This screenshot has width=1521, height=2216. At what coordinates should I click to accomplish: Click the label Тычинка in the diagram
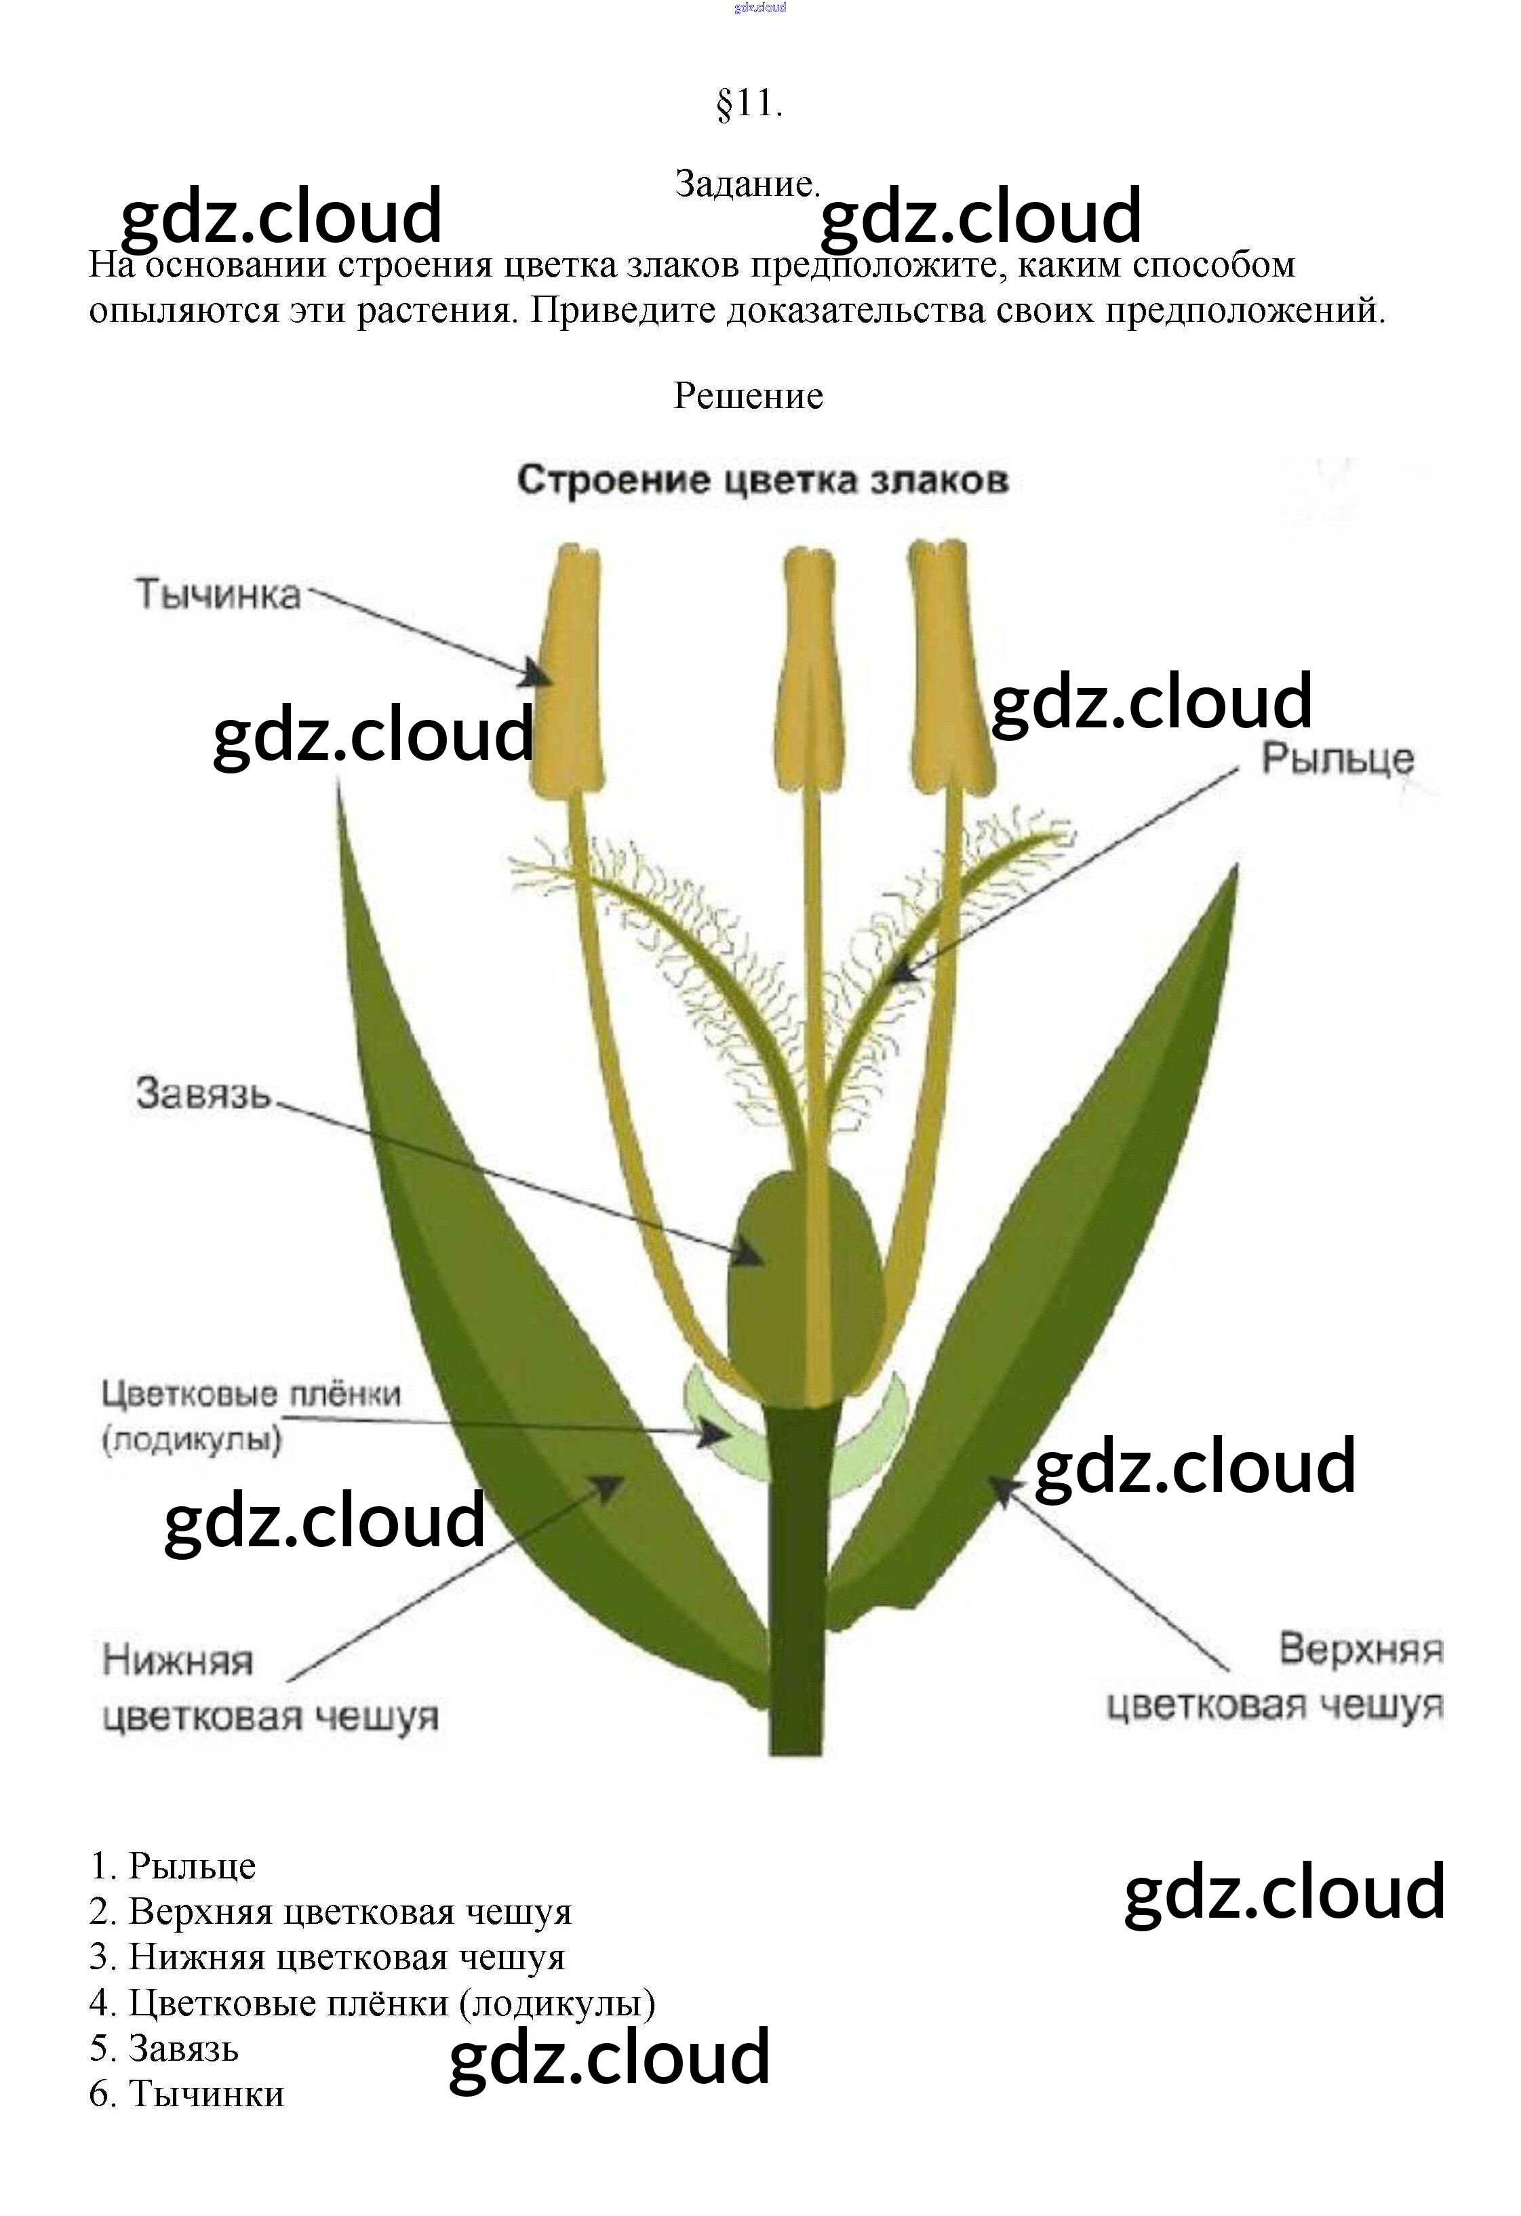tap(218, 594)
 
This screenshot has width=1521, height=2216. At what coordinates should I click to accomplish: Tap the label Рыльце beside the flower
tap(1337, 759)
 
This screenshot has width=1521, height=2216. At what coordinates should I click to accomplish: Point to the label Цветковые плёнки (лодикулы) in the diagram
tap(251, 1416)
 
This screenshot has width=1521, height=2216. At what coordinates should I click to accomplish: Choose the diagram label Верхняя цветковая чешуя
tap(1276, 1676)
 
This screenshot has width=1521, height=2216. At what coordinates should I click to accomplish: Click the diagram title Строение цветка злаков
tap(762, 480)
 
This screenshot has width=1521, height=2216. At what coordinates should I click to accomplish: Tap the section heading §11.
tap(749, 103)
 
